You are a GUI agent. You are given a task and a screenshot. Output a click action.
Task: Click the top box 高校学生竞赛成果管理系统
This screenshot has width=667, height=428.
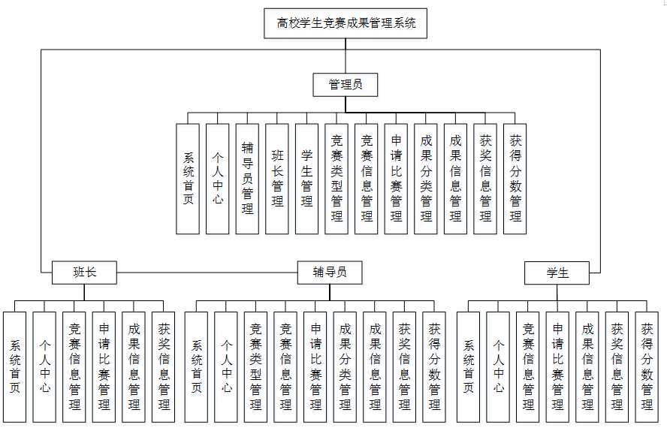pos(346,23)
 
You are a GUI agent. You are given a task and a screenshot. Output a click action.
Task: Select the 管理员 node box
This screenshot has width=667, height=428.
pos(346,85)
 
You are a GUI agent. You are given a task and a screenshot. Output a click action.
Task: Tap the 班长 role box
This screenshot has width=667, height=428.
pos(84,272)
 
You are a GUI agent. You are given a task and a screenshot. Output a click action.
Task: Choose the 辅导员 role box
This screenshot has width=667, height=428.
pos(330,272)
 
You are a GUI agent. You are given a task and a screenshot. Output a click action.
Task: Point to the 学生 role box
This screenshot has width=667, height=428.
pos(557,273)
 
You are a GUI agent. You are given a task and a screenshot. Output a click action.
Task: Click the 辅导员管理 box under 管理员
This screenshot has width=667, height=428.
pos(247,179)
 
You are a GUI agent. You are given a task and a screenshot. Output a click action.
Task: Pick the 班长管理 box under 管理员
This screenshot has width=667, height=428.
pos(277,179)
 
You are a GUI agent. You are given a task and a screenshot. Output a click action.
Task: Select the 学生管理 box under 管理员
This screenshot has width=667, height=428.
pos(306,179)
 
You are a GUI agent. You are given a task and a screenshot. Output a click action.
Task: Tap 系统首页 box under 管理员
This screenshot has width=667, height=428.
pos(188,179)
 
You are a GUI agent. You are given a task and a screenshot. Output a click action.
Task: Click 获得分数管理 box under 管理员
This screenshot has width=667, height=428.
pos(515,179)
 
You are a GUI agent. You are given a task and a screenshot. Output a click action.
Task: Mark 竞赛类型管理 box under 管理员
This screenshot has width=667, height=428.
pos(337,179)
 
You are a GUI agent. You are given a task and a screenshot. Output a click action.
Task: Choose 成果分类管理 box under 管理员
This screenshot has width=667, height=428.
pos(426,179)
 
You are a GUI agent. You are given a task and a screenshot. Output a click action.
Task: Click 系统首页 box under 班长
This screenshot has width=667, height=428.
pos(15,366)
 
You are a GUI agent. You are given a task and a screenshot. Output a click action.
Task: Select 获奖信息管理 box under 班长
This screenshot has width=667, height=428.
pos(164,366)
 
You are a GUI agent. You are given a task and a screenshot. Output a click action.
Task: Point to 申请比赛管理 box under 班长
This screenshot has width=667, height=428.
pos(104,366)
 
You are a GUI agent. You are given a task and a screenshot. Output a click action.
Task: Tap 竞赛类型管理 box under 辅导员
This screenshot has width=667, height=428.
pos(256,366)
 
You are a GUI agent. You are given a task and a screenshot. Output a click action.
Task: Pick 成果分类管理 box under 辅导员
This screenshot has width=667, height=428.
pos(345,366)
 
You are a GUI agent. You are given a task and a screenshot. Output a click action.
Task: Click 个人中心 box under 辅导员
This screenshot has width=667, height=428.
pos(226,366)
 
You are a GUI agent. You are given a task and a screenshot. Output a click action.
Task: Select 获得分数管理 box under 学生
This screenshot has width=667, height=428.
pos(647,366)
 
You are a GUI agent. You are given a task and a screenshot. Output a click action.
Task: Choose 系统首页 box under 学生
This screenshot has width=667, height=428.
pos(469,366)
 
